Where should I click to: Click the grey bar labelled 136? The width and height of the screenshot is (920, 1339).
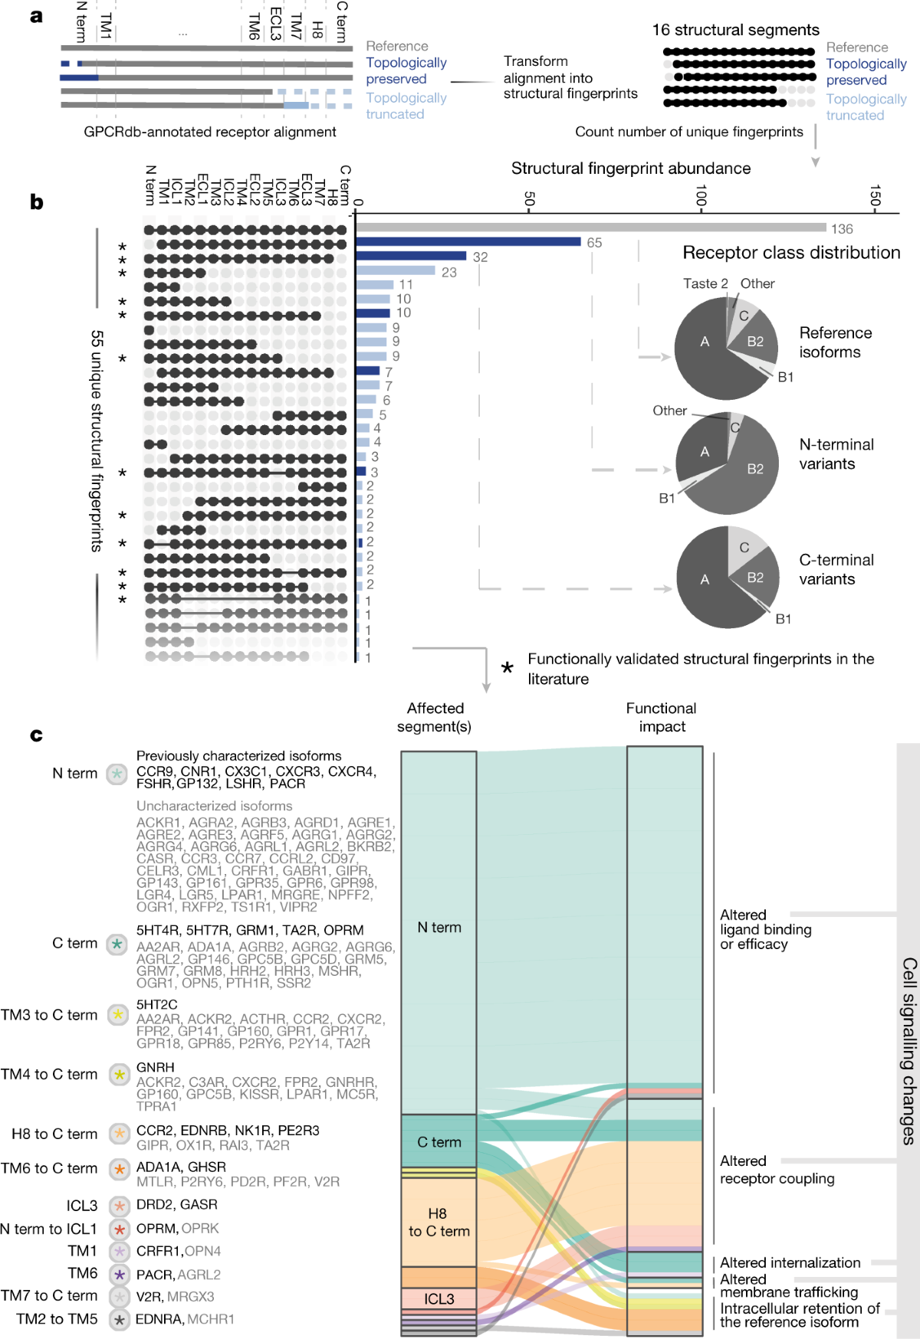pos(590,228)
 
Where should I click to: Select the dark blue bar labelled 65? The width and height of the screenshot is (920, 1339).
pos(468,242)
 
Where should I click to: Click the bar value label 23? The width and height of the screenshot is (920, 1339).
pos(449,272)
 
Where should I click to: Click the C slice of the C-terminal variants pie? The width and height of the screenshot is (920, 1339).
pos(744,548)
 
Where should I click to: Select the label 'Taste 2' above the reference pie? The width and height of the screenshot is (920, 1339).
pos(705,283)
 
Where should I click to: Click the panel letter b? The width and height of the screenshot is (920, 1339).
pos(36,202)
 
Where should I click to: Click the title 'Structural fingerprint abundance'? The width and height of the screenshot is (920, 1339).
pos(630,169)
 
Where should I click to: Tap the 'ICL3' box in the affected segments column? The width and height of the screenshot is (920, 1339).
pos(439,1299)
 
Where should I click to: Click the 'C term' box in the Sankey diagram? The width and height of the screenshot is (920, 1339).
pos(439,1142)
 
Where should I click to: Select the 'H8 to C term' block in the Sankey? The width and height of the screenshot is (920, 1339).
pos(439,1223)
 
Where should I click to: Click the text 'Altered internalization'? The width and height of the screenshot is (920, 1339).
pos(790,1262)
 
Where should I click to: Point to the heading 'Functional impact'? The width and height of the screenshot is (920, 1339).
pos(661,718)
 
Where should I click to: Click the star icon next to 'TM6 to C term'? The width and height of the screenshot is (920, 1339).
pos(118,1169)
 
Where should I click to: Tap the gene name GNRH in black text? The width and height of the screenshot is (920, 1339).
pos(155,1067)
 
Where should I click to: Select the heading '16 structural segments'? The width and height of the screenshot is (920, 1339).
pos(735,30)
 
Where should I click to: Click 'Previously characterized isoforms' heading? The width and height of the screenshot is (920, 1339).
pos(238,756)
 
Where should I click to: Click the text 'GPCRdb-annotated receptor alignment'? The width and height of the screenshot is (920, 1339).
pos(210,132)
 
